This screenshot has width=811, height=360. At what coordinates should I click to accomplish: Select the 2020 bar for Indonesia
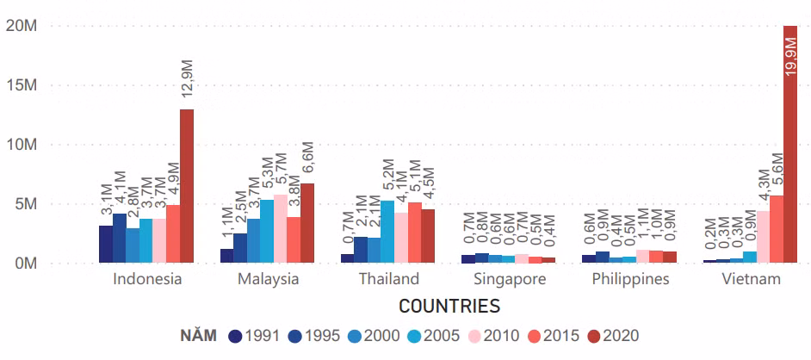coord(187,186)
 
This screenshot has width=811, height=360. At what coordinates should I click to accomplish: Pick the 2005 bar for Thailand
coord(387,231)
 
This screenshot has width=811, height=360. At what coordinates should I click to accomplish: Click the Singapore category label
coord(510,279)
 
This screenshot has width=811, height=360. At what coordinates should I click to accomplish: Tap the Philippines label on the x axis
coord(630,279)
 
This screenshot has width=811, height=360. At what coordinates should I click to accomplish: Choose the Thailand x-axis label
coord(387,279)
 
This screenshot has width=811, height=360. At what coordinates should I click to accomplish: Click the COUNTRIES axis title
coord(449,306)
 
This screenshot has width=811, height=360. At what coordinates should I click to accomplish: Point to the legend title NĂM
coord(199,336)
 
